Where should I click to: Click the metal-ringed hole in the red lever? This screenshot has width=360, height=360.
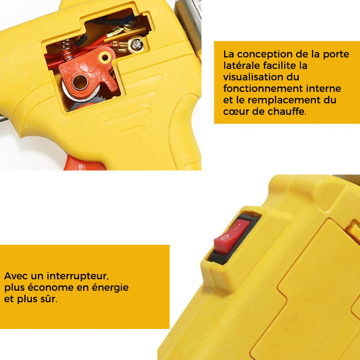[x=80, y=82]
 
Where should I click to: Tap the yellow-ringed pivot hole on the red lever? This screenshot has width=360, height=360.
[x=105, y=58]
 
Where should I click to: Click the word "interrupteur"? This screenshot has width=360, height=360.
[x=77, y=276]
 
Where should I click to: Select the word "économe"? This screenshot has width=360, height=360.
[x=51, y=288]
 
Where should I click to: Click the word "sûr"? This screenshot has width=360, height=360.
[x=49, y=299]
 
